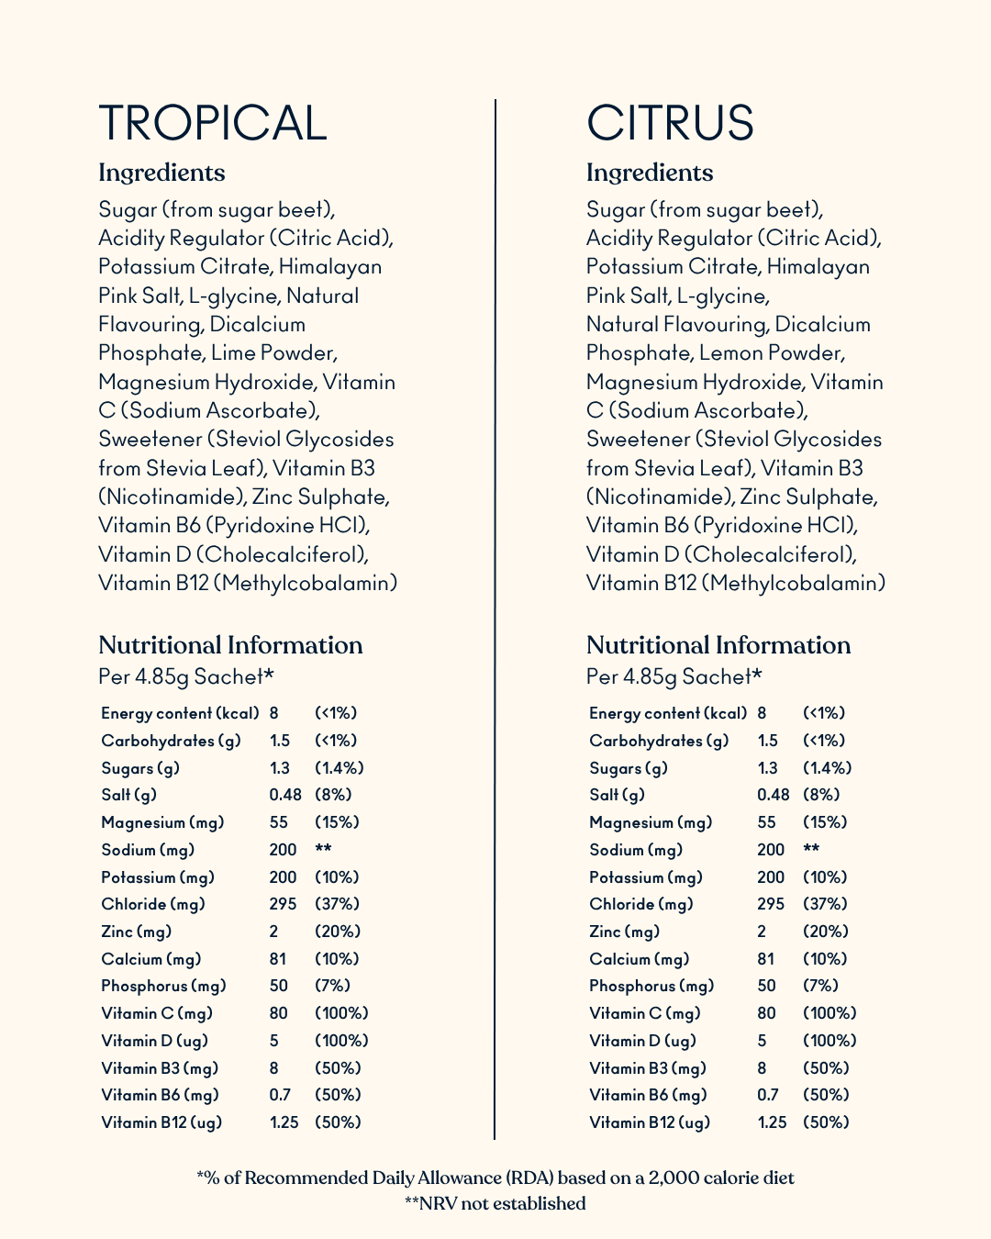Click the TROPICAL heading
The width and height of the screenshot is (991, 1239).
coord(212,123)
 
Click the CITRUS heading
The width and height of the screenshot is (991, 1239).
coord(670,123)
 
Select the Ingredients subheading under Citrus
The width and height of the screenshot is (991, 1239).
coord(650,173)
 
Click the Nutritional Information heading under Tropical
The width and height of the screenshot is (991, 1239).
coord(230,645)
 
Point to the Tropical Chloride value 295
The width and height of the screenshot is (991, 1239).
coord(283,904)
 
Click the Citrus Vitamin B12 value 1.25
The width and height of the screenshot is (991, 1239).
coord(772,1122)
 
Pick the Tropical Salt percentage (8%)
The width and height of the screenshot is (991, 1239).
coord(333,795)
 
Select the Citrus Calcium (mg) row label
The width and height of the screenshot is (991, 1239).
coord(639,959)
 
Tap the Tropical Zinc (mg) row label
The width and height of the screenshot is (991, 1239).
coord(136,932)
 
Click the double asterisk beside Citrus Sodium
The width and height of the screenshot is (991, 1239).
coord(811,850)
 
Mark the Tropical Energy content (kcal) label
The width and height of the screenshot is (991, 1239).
coord(180,713)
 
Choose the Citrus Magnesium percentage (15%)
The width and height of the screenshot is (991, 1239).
coord(825,822)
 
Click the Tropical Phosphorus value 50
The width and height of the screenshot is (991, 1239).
coord(278,986)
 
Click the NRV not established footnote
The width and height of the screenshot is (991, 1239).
coord(495,1203)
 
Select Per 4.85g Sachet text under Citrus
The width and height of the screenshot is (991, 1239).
coord(674,677)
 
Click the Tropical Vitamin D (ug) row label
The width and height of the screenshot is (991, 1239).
coord(154,1041)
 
